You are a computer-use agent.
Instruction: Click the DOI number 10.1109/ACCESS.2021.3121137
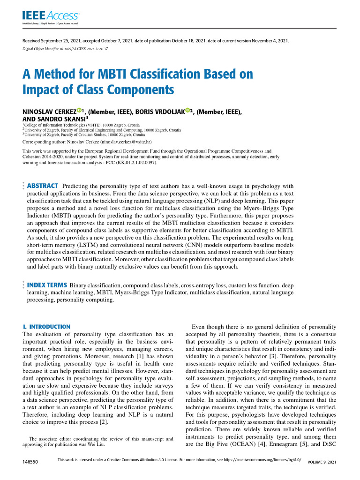82,48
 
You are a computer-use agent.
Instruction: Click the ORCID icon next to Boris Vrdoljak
187,110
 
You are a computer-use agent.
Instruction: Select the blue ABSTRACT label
43,186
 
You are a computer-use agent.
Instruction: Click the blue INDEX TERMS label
47,285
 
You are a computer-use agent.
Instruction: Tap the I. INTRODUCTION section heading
46,326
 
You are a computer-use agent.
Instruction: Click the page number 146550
30,462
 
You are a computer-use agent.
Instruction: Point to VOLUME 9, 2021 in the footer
322,462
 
